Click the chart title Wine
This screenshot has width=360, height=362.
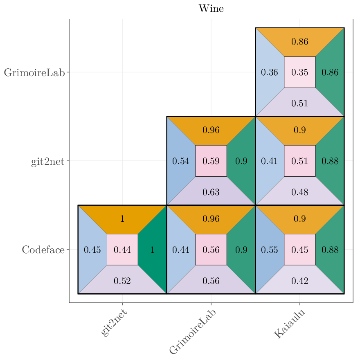click(x=211, y=9)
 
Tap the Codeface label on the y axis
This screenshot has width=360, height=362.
click(x=43, y=250)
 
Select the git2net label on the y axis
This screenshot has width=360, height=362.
click(x=47, y=161)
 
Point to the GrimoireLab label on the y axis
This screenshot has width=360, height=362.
click(x=34, y=73)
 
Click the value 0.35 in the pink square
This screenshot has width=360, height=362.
click(x=300, y=72)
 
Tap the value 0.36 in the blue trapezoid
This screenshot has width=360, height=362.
click(x=270, y=72)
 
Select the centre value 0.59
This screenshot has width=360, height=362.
click(x=211, y=161)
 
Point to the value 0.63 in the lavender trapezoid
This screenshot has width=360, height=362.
click(x=211, y=192)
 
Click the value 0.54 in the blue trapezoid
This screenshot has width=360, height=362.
click(x=181, y=161)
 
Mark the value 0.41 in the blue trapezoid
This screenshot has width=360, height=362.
click(x=270, y=161)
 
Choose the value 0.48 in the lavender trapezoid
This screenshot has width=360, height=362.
click(x=300, y=192)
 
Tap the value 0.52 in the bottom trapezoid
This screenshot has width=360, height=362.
click(x=122, y=281)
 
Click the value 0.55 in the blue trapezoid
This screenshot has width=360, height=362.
click(x=270, y=250)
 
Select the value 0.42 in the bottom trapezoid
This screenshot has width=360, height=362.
click(x=300, y=281)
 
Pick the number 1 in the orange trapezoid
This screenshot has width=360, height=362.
click(x=122, y=219)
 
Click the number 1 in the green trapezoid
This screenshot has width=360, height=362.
click(x=153, y=250)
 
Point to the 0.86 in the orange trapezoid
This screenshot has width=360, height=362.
click(x=300, y=41)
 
